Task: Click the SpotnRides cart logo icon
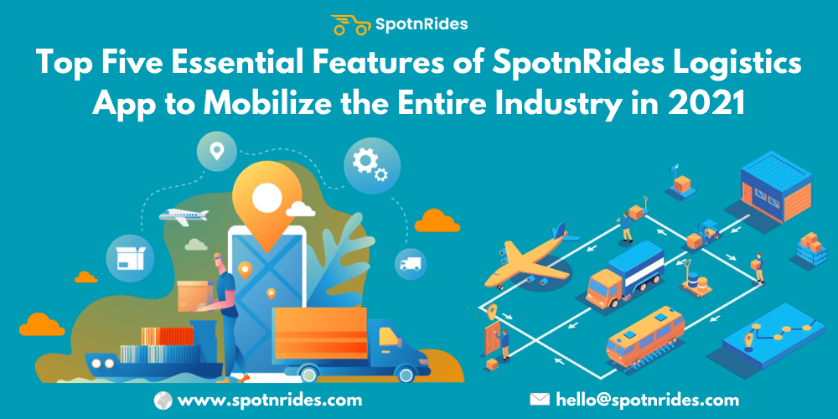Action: pyautogui.click(x=350, y=24)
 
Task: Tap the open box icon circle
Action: pyautogui.click(x=131, y=259)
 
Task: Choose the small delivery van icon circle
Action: pyautogui.click(x=411, y=264)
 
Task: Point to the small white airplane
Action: pyautogui.click(x=184, y=216)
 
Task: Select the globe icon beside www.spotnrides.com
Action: pyautogui.click(x=163, y=400)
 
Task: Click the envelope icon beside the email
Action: pyautogui.click(x=540, y=399)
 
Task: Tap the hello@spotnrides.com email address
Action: pyautogui.click(x=647, y=400)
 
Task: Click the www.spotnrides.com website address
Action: pyautogui.click(x=269, y=400)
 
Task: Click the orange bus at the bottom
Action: pyautogui.click(x=645, y=336)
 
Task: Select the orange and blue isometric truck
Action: pyautogui.click(x=625, y=274)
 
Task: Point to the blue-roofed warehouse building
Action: pyautogui.click(x=775, y=186)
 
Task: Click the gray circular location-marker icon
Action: pyautogui.click(x=216, y=151)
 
